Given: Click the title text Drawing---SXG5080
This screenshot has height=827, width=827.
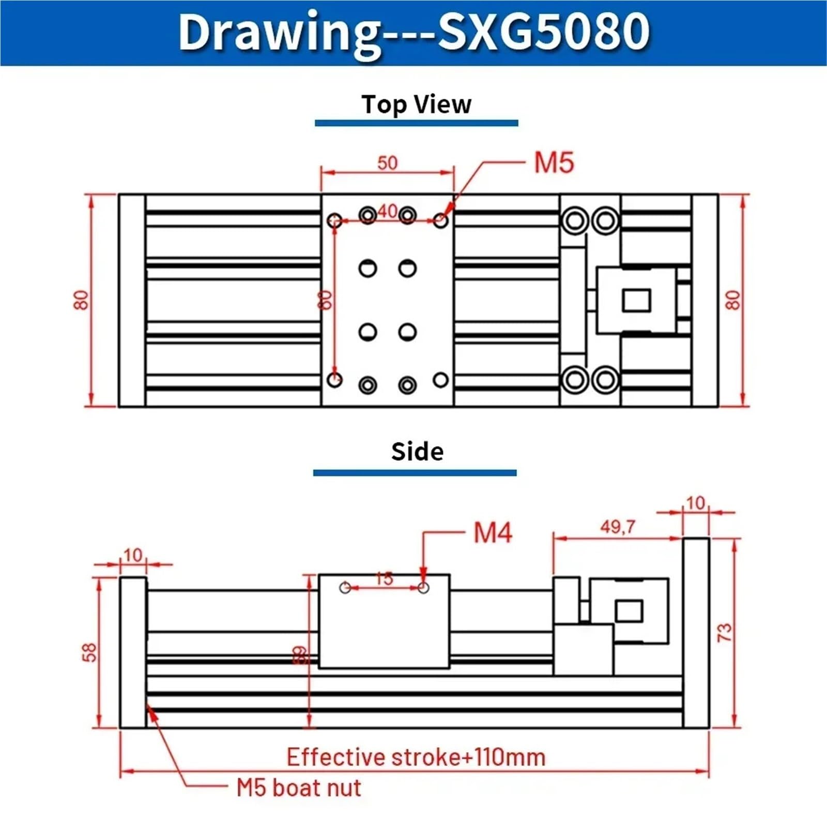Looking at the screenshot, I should tap(413, 32).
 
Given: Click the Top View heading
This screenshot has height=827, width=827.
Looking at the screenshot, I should tap(416, 104).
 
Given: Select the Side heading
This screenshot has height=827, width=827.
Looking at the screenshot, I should tap(417, 451).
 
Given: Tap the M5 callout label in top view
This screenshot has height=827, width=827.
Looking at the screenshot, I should tap(554, 163).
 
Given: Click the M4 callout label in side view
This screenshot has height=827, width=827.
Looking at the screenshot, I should tap(493, 532).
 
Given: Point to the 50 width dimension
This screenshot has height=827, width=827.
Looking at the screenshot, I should tap(387, 163).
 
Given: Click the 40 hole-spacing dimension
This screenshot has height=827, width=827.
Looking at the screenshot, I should tap(387, 211).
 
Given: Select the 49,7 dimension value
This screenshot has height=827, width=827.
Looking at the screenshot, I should tap(618, 527).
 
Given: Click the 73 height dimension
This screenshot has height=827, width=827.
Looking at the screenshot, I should tap(725, 633).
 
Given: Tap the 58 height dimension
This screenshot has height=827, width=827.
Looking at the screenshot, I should tap(89, 652).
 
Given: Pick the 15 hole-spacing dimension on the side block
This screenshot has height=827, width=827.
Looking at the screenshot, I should tap(384, 578).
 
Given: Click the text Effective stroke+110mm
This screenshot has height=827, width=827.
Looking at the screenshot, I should tap(416, 757).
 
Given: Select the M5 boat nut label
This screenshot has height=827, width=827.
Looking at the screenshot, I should tap(299, 788).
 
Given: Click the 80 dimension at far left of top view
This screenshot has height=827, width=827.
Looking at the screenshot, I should tap(81, 300).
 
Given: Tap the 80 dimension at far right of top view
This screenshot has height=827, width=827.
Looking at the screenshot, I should tap(733, 300).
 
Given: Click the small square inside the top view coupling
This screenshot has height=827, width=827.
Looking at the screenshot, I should tap(636, 300).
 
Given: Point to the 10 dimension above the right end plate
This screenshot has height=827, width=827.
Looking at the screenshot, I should tap(695, 503).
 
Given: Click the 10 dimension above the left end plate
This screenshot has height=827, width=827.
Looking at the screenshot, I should tap(133, 555).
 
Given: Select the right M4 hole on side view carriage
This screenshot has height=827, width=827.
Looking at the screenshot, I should tap(423, 588).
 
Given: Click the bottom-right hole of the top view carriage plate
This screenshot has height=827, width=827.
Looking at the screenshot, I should tap(440, 380).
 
